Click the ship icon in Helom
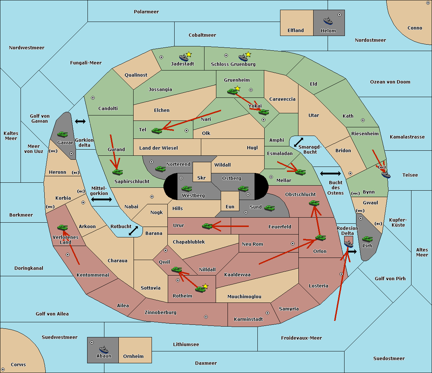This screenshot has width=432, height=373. point(328,21)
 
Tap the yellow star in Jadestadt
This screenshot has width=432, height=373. point(189,55)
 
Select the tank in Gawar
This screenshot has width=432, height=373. point(63,134)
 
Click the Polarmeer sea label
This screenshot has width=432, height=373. point(146,12)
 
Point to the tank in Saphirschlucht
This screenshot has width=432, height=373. point(117,172)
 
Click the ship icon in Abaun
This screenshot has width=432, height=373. point(104,349)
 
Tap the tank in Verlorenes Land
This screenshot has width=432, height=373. point(63,227)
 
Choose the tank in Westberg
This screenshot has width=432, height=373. point(186,188)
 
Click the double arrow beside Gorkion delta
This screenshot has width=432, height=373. point(80,121)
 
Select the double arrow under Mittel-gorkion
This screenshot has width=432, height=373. point(102,199)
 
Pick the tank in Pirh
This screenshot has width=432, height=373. point(367,239)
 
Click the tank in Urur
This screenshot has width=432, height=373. point(207,226)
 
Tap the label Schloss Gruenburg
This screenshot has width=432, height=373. point(233,64)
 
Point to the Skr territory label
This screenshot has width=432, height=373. point(202,178)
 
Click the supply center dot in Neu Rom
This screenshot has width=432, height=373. point(293,244)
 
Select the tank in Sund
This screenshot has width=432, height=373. point(269,208)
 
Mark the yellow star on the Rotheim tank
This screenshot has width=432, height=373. point(206,286)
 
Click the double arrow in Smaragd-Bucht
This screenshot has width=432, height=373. point(298,142)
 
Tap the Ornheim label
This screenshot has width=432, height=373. point(133,356)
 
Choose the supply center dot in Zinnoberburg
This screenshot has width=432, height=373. point(206,317)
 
